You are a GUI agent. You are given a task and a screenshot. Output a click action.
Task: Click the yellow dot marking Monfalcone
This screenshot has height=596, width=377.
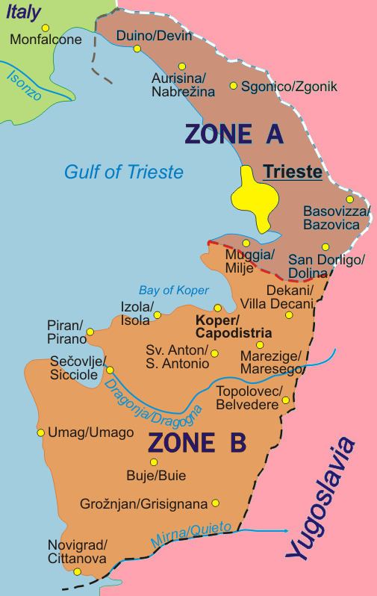coord(46,28)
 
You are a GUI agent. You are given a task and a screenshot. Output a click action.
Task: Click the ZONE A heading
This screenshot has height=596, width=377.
coord(233,134)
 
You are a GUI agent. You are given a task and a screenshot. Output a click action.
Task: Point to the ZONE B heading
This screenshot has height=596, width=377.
coord(196,442)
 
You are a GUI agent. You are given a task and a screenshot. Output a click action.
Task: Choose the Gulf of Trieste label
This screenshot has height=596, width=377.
coord(123,173)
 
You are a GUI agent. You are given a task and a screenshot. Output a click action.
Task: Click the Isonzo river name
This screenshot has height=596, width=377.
coord(24,86)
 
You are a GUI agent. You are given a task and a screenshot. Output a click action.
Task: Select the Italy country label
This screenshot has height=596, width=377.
coord(24,10)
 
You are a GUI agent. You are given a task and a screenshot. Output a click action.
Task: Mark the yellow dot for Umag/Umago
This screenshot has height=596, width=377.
coord(41,432)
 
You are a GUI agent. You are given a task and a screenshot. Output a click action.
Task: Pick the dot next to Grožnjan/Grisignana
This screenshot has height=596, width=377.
coord(216,503)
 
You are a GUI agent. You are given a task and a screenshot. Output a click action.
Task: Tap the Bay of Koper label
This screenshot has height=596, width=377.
coord(173,291)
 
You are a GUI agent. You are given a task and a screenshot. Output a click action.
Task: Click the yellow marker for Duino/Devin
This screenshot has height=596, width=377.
coord(137,49)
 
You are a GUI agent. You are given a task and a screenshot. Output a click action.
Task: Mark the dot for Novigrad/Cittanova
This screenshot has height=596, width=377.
coord(77,572)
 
